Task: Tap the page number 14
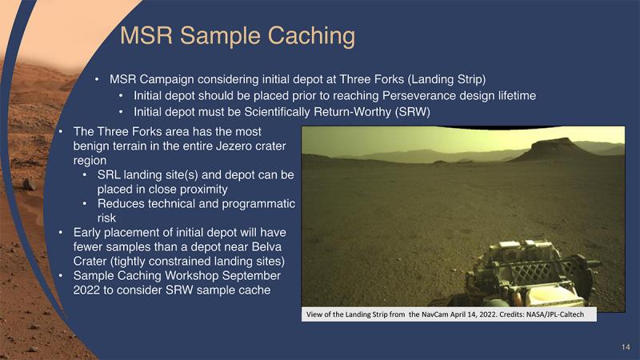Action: tap(626, 347)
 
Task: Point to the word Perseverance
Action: tap(418, 95)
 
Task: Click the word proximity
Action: tap(204, 190)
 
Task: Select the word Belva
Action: tap(266, 246)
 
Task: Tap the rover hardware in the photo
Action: tap(530, 274)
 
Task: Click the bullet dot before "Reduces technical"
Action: tap(85, 203)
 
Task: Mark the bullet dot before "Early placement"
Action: tap(61, 232)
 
